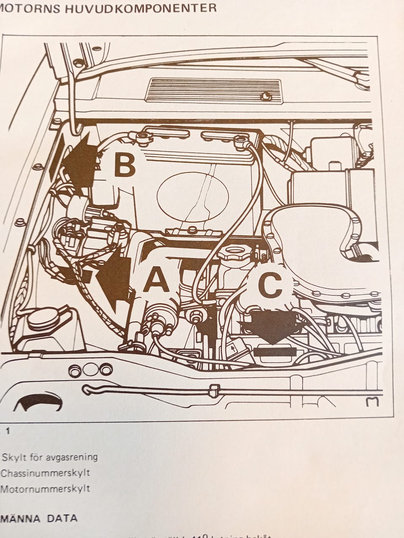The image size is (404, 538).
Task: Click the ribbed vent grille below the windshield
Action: click(213, 90)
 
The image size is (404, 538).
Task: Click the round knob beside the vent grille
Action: click(266, 97)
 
